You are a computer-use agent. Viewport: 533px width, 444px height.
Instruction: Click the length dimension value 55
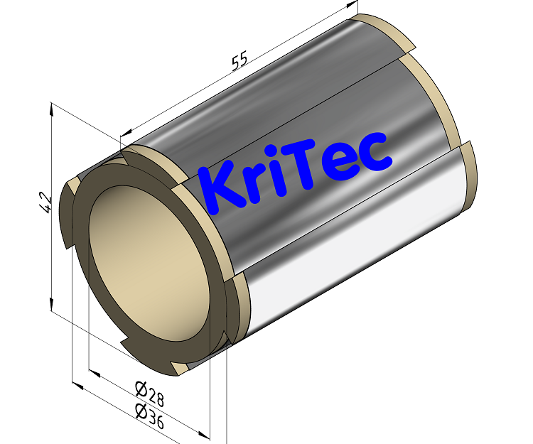pos(239,61)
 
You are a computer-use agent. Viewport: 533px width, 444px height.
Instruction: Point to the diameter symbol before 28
pos(140,388)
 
